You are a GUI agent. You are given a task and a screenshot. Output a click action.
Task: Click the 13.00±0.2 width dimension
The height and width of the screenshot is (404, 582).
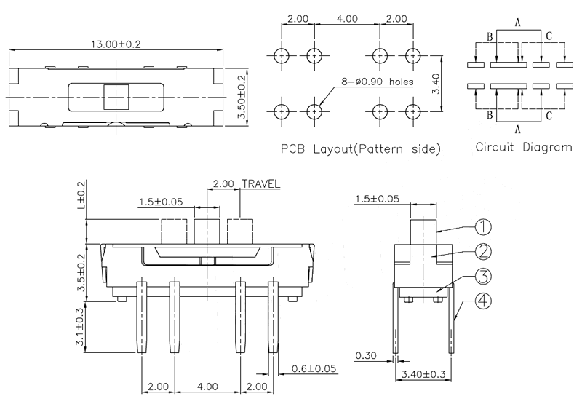115,44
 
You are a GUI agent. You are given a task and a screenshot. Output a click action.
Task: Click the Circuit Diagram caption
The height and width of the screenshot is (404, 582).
523,146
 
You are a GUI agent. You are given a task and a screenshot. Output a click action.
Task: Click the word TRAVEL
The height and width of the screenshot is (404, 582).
260,184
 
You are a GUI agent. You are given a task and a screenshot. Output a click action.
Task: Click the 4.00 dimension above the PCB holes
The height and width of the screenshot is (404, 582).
346,18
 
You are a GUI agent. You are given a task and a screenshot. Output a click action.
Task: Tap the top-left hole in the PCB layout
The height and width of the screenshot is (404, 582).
282,55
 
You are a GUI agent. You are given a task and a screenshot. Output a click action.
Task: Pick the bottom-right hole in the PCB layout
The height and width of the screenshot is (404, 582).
413,111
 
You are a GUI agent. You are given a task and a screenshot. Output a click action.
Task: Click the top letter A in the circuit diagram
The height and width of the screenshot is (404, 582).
517,23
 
